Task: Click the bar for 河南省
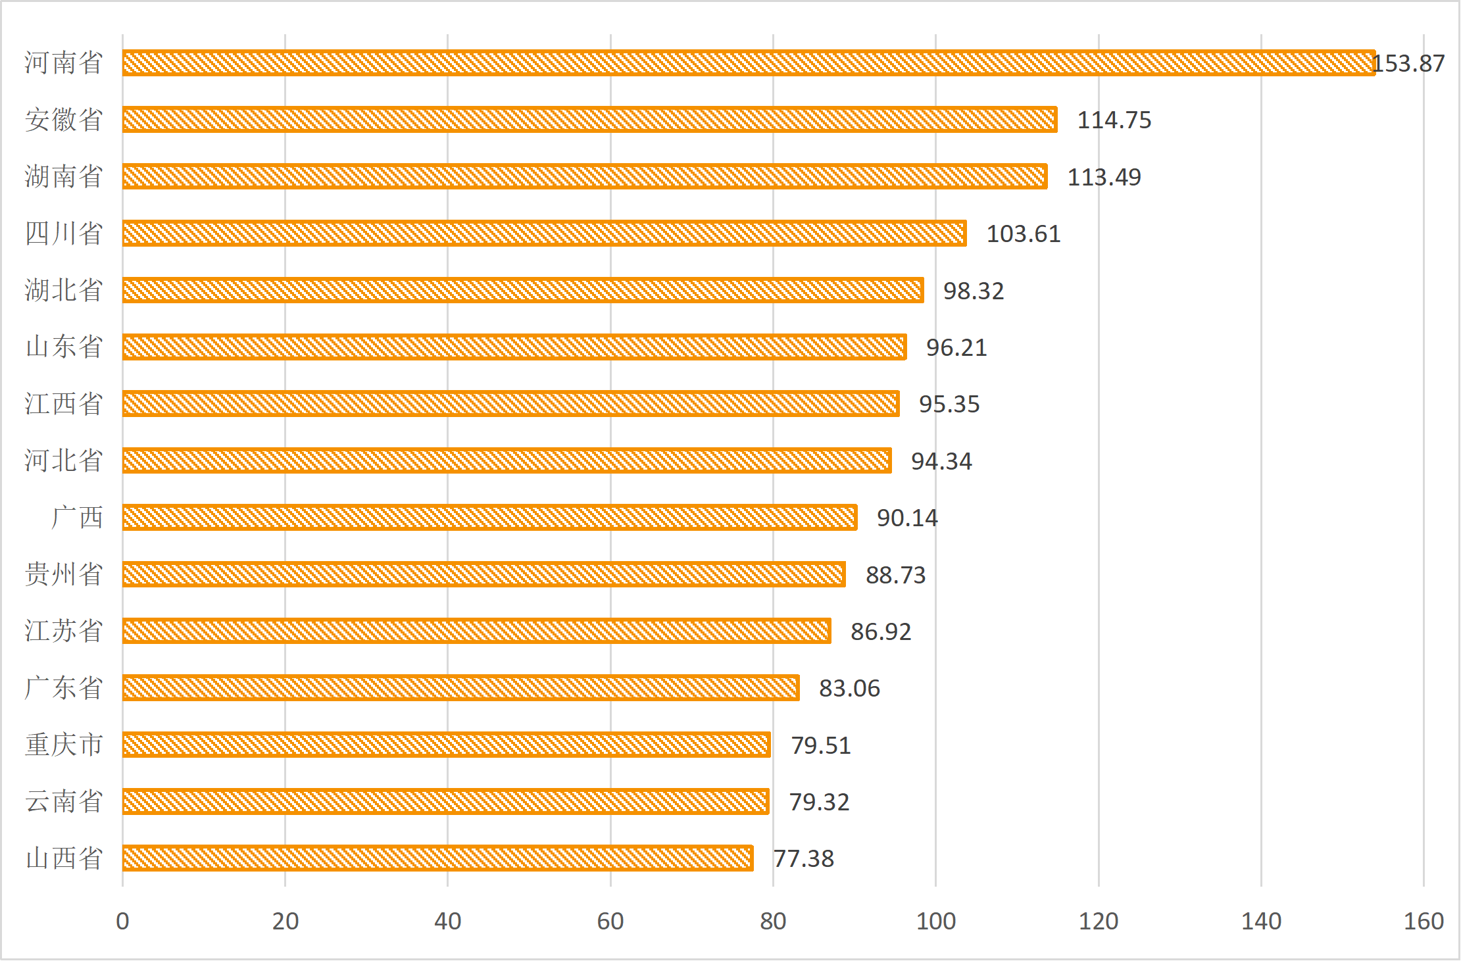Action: (x=749, y=63)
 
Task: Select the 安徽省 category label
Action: (x=64, y=120)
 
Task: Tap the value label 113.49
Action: (x=1104, y=177)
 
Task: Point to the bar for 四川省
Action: (x=544, y=234)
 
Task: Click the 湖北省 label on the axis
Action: (x=64, y=290)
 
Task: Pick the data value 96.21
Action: (x=956, y=347)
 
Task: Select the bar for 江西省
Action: (x=510, y=404)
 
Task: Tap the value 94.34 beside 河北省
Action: (x=941, y=461)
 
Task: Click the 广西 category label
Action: (x=77, y=518)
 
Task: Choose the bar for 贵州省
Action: (x=483, y=574)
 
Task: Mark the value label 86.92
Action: (x=881, y=631)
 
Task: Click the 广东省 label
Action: (x=64, y=688)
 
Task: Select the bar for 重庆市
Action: (x=446, y=745)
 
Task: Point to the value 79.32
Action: (x=819, y=802)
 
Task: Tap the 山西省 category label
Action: (x=64, y=858)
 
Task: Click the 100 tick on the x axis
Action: (x=935, y=921)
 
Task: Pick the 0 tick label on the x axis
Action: (x=122, y=921)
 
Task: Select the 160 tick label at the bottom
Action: (x=1424, y=921)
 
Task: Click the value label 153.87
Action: (x=1409, y=64)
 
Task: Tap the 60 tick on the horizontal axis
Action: (x=610, y=921)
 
